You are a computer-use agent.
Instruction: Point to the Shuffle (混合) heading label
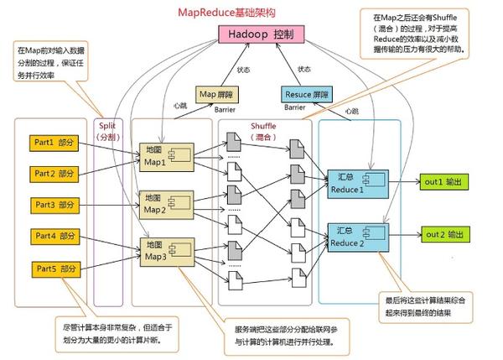click(262, 130)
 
